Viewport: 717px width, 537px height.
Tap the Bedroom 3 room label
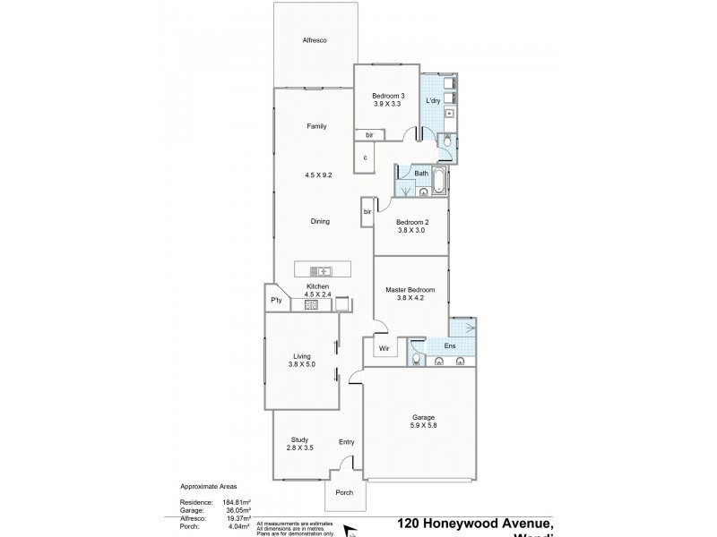click(x=388, y=96)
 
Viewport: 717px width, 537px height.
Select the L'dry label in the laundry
click(x=433, y=101)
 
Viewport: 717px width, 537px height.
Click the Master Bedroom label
click(x=410, y=289)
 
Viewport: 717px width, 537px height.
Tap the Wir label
click(x=383, y=347)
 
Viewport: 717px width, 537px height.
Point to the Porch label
click(x=343, y=493)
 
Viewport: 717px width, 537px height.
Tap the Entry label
click(x=347, y=442)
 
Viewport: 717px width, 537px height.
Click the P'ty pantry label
click(x=276, y=301)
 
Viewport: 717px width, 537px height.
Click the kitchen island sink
click(x=321, y=271)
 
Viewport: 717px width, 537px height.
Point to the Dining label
click(x=320, y=222)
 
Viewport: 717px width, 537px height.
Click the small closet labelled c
click(x=365, y=158)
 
